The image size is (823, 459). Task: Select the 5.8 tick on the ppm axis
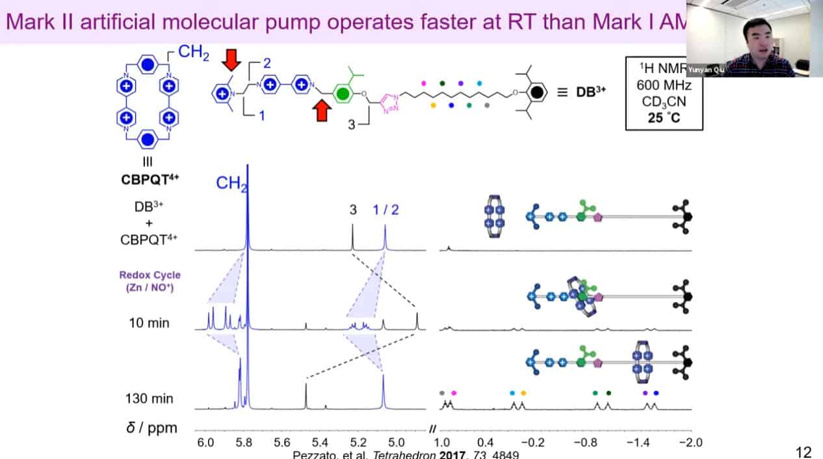[244, 442]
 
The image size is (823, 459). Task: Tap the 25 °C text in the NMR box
[664, 118]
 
